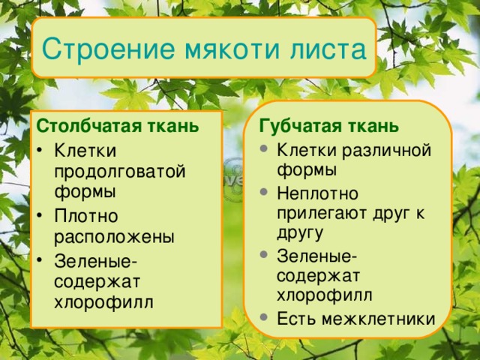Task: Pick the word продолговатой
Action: (120, 170)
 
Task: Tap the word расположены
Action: (114, 236)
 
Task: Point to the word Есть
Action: (295, 319)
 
